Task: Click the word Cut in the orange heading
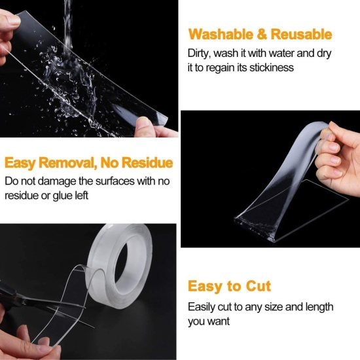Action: [256, 286]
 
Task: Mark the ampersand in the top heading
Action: [262, 35]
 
